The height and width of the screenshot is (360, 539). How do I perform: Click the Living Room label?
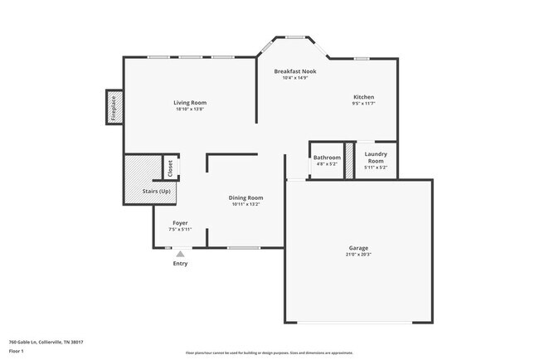[x=189, y=102]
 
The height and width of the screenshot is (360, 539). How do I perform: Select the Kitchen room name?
[x=363, y=97]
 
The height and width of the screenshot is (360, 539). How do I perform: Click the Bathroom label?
[x=327, y=157]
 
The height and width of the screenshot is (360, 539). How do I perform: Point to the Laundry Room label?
[x=376, y=157]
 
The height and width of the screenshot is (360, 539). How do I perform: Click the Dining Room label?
[x=245, y=197]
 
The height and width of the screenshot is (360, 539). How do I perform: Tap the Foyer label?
[x=180, y=222]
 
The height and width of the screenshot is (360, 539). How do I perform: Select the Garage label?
[x=358, y=248]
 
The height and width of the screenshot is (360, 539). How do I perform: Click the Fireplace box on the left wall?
[x=114, y=107]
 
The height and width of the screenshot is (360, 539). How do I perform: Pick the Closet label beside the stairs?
[x=171, y=168]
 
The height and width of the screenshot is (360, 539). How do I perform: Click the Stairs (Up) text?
[x=157, y=191]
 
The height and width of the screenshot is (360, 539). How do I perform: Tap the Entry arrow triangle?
[x=180, y=254]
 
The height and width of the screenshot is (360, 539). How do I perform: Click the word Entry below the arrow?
[x=180, y=264]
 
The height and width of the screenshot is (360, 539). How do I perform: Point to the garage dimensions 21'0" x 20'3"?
[x=358, y=255]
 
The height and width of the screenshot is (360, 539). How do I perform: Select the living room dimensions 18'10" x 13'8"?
[x=189, y=109]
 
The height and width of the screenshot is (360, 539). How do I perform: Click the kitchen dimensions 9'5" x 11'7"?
[x=363, y=104]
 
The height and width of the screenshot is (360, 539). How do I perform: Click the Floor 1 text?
[x=17, y=351]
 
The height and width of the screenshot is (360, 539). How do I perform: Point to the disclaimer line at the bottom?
[x=269, y=352]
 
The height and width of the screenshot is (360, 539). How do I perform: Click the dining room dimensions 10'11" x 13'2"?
[x=245, y=204]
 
